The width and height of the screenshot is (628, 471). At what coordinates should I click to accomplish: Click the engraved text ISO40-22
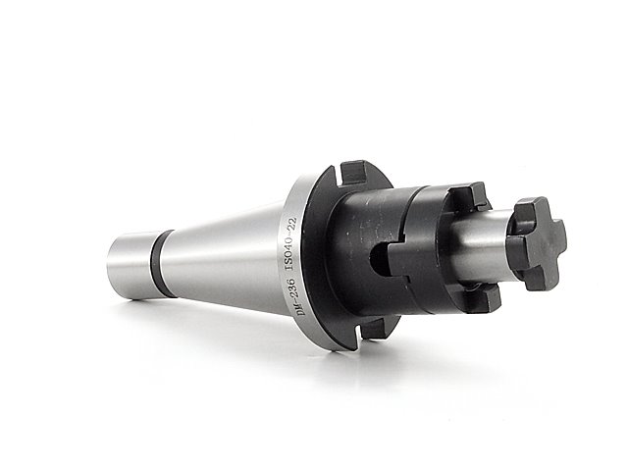pos(290,244)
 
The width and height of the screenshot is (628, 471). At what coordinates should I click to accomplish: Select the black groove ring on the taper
pos(162,264)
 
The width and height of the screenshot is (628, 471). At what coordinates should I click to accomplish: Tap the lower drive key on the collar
pos(487,298)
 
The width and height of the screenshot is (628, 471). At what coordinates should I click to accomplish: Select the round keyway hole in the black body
pos(378,260)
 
